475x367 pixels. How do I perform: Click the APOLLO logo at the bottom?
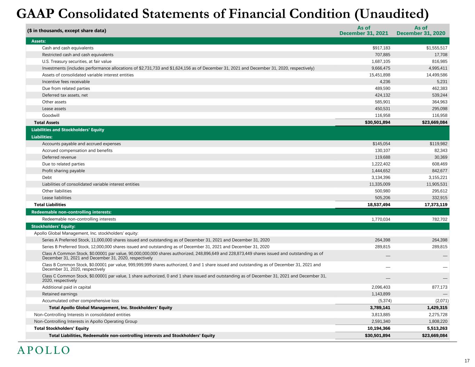pos(43,350)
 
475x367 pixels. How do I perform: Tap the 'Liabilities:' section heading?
pos(42,137)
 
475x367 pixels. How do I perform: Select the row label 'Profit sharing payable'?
pos(63,171)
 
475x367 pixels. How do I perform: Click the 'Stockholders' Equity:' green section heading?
pos(53,226)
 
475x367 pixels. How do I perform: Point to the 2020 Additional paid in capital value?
pos(438,287)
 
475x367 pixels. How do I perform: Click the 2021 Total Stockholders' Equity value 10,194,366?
pos(377,328)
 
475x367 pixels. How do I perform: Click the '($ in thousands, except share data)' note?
pos(66,31)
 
